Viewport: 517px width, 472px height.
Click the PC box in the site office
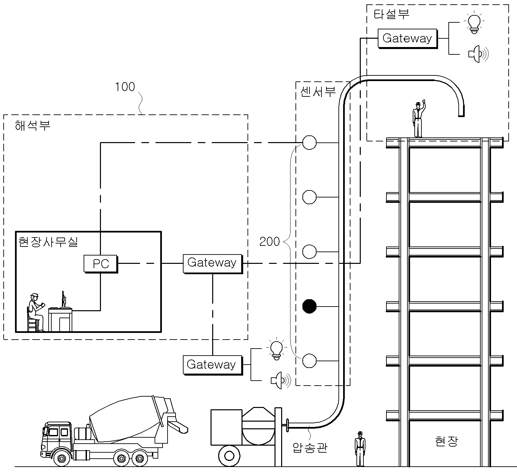point(101,264)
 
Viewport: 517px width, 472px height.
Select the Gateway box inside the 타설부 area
point(407,38)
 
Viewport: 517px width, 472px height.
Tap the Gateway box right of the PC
point(213,264)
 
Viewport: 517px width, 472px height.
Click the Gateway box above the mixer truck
point(213,365)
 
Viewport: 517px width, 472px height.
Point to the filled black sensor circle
point(309,306)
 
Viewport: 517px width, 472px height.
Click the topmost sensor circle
point(309,142)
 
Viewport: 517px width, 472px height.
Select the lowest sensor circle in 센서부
point(309,361)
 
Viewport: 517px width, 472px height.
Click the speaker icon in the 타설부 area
point(478,54)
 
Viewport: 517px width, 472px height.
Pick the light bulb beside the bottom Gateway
point(276,349)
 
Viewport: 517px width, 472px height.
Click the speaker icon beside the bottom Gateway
point(281,380)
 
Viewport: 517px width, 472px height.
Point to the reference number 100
point(125,87)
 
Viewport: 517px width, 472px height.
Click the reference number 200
point(269,242)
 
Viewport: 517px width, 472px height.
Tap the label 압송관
point(310,447)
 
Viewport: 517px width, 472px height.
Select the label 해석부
point(33,126)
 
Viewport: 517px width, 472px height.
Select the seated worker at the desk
point(35,312)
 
